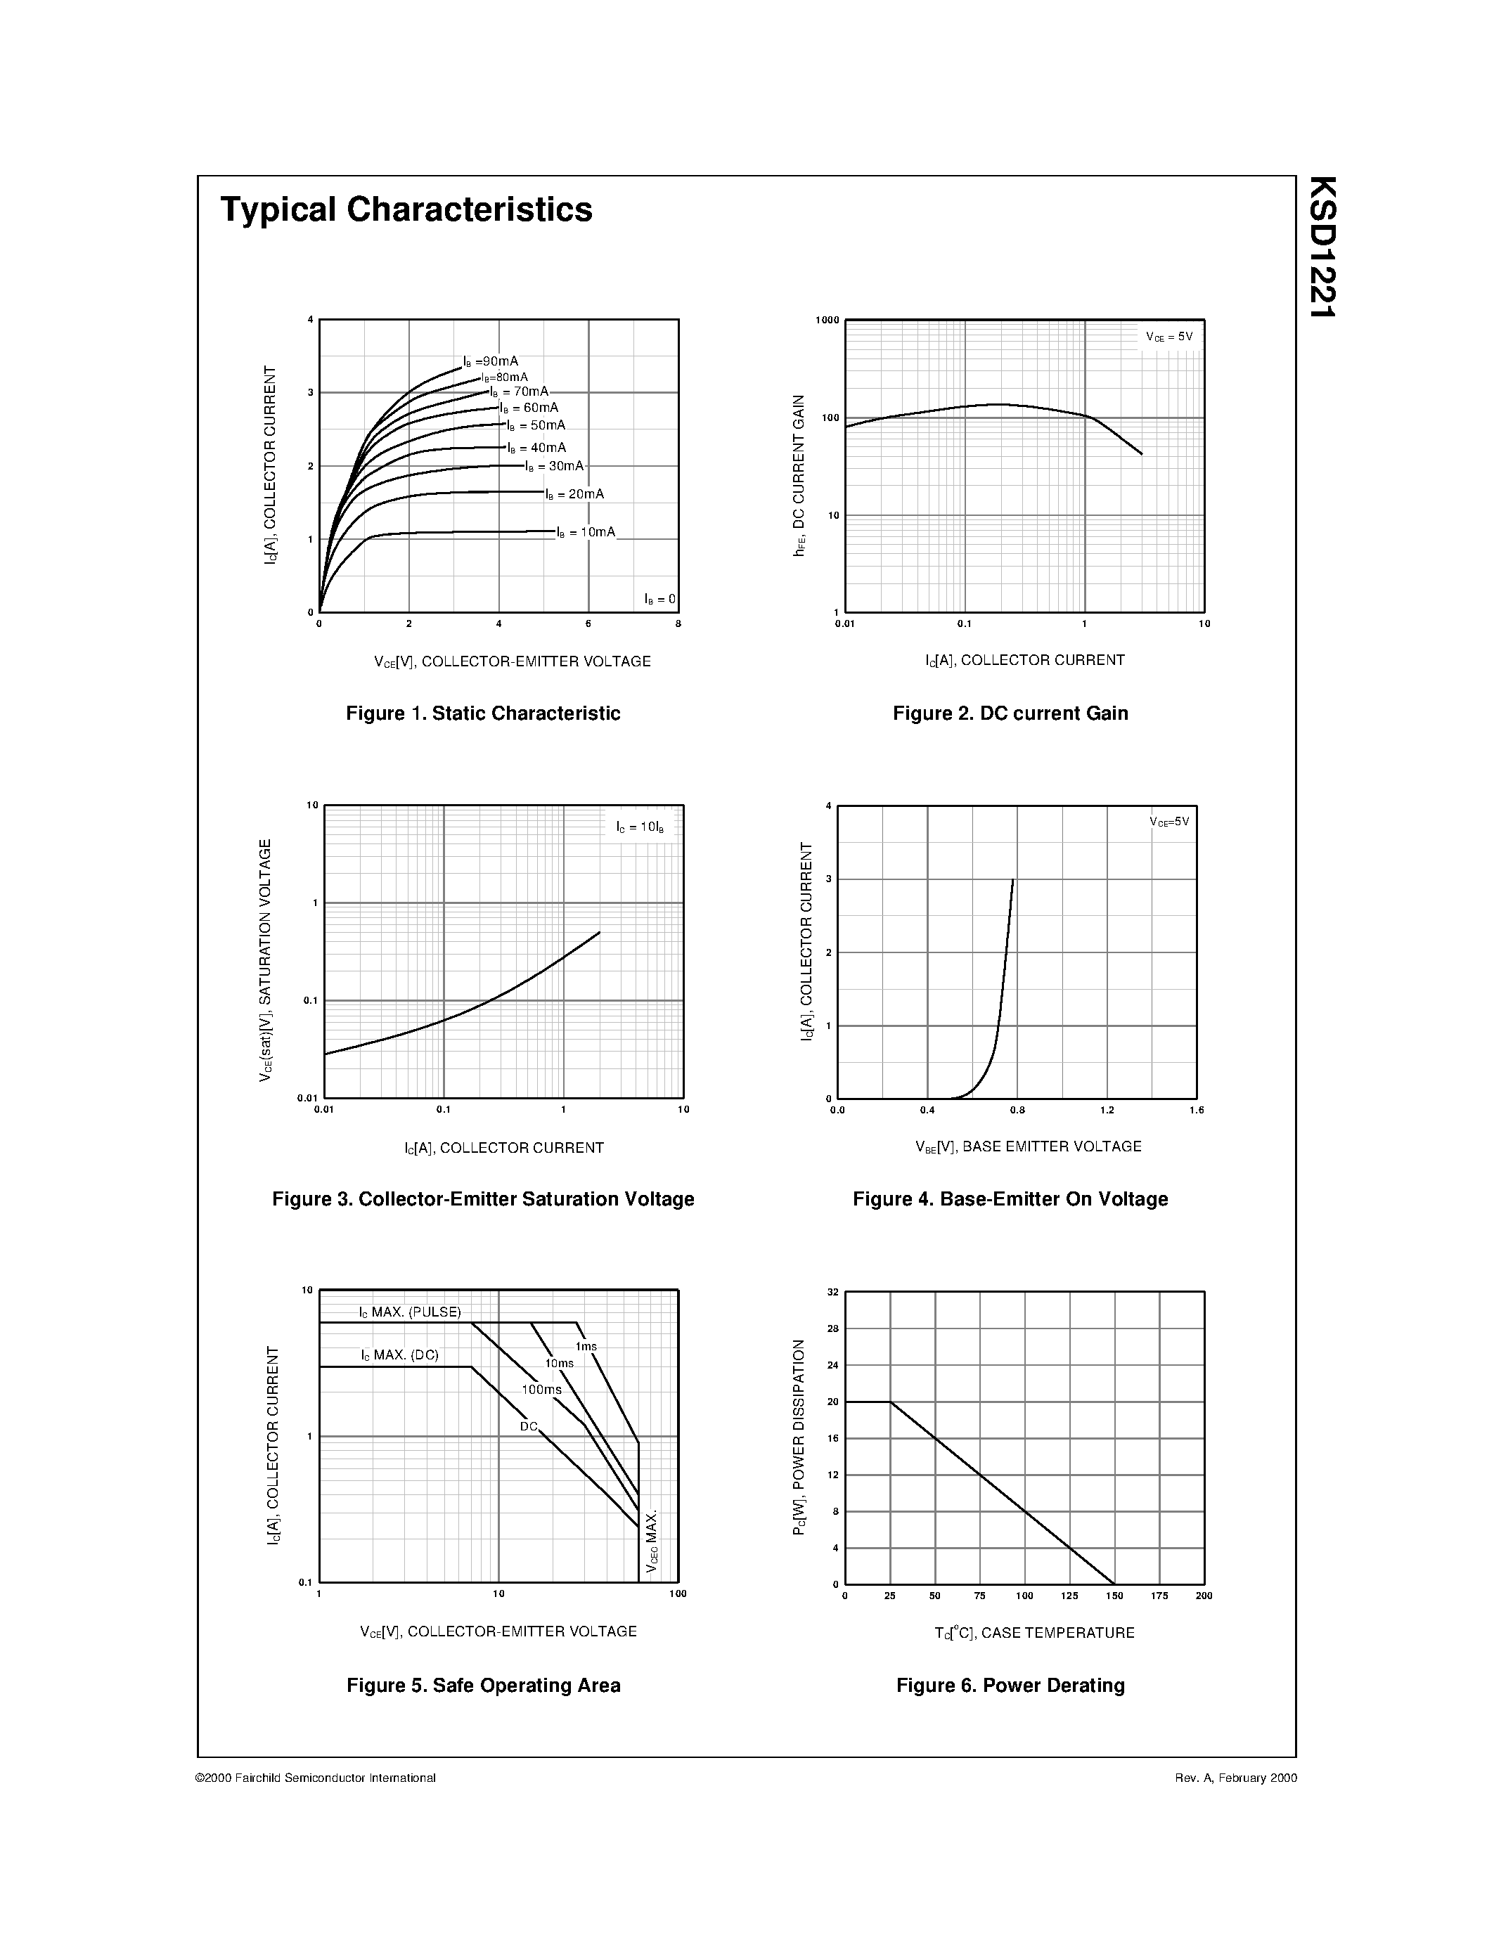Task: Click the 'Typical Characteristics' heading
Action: coord(406,209)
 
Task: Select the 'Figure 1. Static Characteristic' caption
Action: coord(482,713)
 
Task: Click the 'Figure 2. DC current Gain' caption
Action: coord(1010,713)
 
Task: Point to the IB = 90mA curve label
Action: coord(491,361)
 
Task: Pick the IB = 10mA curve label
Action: coord(586,532)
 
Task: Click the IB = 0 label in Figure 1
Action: coord(659,599)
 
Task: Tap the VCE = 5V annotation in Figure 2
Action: coord(1169,337)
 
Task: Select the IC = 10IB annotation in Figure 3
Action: coord(640,827)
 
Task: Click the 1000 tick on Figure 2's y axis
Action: coord(827,321)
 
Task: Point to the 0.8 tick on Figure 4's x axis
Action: coord(1017,1110)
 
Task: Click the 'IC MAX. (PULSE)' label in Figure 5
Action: coord(410,1312)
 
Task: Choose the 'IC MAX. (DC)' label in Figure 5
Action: coord(399,1355)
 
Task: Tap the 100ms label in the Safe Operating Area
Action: coord(541,1390)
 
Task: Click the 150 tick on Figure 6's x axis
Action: coord(1114,1596)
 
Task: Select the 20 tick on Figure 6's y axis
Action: coord(832,1402)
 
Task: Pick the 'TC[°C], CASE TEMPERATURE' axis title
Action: coord(1033,1633)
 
